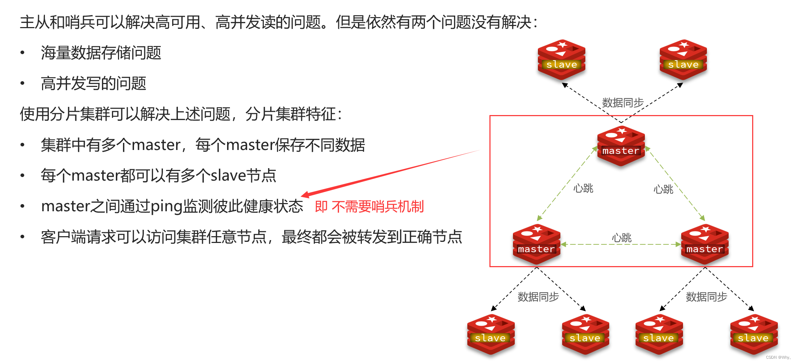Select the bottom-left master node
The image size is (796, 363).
pos(536,244)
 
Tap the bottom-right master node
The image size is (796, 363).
pos(705,244)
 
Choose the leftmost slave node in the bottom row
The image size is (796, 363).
pos(491,334)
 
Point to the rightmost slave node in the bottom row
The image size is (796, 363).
pos(754,334)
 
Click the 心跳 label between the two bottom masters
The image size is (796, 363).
pos(621,238)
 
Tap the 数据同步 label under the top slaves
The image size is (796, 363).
pos(622,103)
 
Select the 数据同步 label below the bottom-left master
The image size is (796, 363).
pos(538,296)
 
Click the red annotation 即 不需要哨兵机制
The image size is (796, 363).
pos(369,207)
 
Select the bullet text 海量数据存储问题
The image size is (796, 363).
pos(101,53)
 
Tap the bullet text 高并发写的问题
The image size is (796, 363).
pos(93,84)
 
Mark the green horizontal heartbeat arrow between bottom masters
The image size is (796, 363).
pos(621,244)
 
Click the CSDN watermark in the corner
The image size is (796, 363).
pos(778,357)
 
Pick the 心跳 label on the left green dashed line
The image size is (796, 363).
pos(583,188)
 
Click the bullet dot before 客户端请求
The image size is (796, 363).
pos(22,237)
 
